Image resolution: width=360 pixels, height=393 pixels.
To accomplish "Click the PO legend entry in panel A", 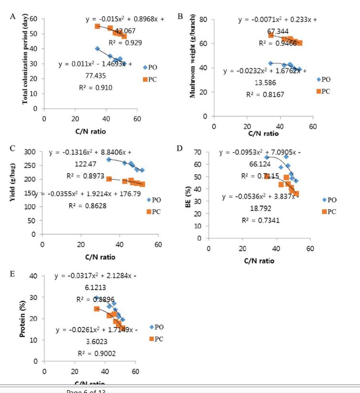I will (x=150, y=67).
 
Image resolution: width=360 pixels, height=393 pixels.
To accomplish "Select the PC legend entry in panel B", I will (x=323, y=91).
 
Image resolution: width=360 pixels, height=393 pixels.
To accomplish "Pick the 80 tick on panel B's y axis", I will (x=204, y=20).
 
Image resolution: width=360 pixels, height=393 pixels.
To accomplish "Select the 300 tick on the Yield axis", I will (x=30, y=152).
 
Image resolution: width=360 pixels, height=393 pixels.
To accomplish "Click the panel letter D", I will (x=180, y=148).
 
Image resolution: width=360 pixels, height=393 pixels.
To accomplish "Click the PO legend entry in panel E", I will (x=158, y=327).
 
